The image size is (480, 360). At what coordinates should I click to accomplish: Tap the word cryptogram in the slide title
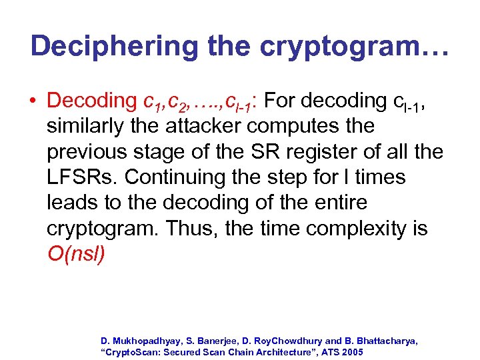[345, 46]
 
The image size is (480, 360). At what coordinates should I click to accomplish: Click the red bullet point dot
[33, 101]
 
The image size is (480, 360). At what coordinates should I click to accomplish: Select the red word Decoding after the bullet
[91, 101]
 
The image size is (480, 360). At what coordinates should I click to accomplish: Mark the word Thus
[194, 228]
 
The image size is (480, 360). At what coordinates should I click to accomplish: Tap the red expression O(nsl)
[76, 254]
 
